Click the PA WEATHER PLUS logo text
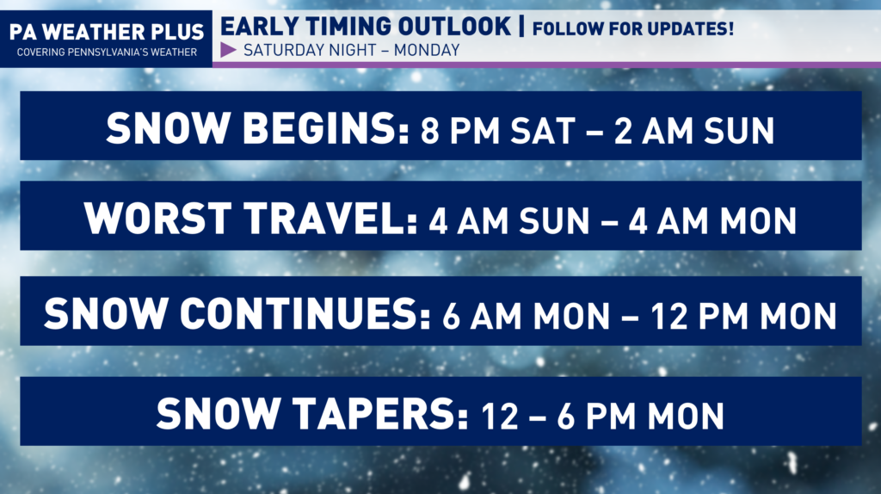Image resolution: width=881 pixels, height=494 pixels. pos(107,32)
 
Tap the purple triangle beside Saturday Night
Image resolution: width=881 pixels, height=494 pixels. pos(228,50)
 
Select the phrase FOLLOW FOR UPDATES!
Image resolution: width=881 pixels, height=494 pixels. pos(632,28)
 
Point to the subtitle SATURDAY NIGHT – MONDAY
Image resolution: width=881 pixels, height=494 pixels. pos(352,50)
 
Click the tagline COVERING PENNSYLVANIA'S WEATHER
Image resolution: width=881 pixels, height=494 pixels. pos(107,52)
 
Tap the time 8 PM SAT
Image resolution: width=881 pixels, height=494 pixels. pos(498,131)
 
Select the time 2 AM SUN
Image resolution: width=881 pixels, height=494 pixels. pos(694,131)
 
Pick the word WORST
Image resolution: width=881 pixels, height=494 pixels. pos(158,218)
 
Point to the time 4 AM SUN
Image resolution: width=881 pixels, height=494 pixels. pos(509,221)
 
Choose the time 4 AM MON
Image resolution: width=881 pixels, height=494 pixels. pos(712,221)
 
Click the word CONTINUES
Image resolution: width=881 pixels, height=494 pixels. pos(305,313)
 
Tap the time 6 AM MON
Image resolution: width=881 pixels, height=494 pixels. pos(526,316)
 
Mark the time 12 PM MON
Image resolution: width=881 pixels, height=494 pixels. pos(744,316)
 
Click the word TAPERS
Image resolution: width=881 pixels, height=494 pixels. pos(379,414)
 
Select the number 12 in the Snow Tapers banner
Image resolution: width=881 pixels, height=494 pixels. pos(500,417)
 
